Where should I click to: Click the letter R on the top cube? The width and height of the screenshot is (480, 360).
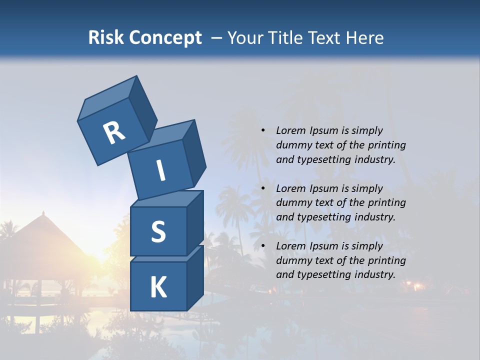point(114,132)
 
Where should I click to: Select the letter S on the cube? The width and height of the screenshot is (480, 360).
point(158,232)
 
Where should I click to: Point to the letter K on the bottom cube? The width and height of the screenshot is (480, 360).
point(158,287)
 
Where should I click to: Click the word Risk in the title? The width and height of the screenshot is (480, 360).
point(106,37)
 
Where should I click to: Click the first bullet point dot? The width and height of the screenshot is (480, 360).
point(263,130)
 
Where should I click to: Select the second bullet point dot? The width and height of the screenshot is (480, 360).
point(263,188)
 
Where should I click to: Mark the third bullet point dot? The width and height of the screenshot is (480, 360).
point(263,246)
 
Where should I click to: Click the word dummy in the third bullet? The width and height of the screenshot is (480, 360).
point(293,260)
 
